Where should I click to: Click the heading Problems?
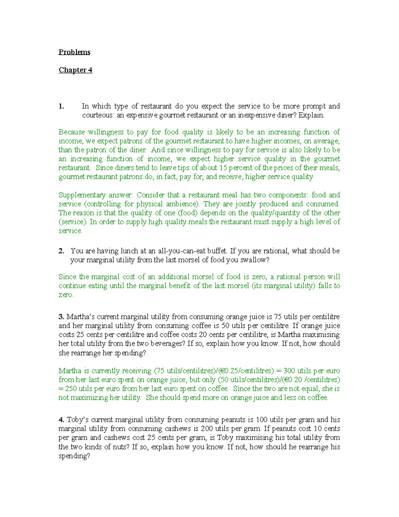74,52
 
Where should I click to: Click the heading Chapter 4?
75,70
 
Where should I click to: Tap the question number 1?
61,106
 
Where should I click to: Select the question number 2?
61,251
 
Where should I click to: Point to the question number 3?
61,317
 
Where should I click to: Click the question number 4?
61,420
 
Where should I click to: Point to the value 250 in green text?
71,389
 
